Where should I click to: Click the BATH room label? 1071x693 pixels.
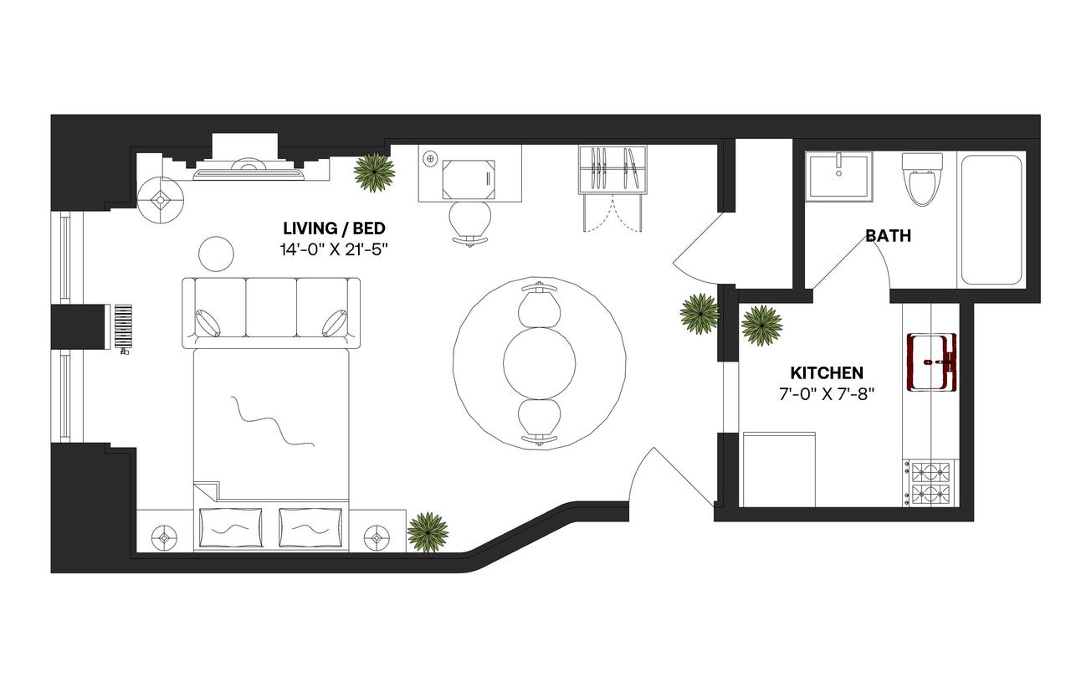[x=888, y=236]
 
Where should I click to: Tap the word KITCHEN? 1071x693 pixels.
[x=827, y=372]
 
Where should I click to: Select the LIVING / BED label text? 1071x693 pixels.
[x=334, y=228]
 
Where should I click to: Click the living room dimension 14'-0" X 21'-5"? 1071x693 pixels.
[x=334, y=249]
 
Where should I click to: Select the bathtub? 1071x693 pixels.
[x=992, y=219]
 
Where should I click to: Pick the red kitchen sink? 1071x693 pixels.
[x=931, y=362]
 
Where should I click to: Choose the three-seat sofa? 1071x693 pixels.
[x=271, y=312]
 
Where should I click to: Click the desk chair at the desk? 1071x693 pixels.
[x=469, y=223]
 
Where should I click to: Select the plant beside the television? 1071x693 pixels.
[x=373, y=172]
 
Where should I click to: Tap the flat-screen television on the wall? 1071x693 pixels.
[x=249, y=172]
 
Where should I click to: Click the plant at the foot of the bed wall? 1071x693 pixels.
[x=428, y=531]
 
